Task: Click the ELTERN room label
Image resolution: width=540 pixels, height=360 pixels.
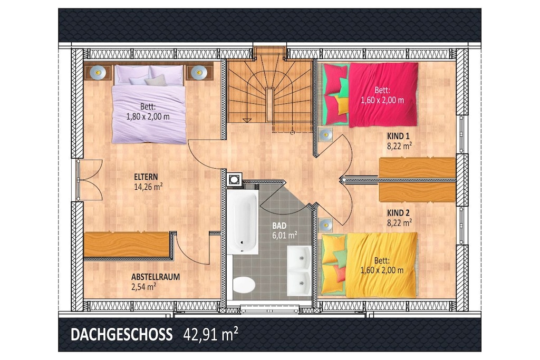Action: (x=146, y=177)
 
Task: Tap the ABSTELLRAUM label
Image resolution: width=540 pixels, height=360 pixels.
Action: (x=156, y=277)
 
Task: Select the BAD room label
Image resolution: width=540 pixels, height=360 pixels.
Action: (x=279, y=226)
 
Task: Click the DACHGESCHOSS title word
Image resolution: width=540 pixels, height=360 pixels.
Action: (x=122, y=335)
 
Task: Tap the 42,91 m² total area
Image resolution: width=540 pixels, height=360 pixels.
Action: (x=211, y=334)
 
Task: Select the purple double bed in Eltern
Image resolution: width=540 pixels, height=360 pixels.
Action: (x=149, y=104)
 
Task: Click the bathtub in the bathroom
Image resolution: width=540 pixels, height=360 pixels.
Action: (x=243, y=222)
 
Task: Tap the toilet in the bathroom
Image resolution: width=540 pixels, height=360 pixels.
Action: (x=244, y=285)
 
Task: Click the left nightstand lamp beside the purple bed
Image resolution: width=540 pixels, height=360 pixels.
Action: (x=98, y=72)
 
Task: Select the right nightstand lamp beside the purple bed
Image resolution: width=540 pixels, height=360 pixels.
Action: (x=199, y=72)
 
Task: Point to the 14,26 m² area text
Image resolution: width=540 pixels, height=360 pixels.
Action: (x=148, y=187)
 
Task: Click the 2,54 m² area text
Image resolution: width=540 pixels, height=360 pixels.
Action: (x=143, y=287)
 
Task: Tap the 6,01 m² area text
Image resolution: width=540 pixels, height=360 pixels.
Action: (x=285, y=236)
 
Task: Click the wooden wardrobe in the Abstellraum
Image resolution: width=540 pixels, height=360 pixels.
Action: (x=127, y=245)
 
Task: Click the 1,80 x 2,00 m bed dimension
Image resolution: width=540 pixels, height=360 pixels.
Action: (x=148, y=116)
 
